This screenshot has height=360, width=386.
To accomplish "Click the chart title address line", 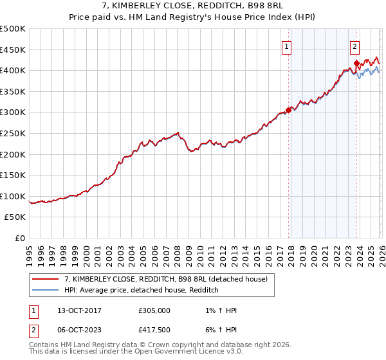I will (193, 6).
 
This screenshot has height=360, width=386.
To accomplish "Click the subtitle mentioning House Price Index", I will (193, 17).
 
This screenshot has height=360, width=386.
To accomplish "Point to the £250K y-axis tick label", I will (13, 134).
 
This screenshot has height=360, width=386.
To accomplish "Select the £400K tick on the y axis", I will (13, 71).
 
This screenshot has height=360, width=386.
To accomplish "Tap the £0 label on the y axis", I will (19, 239).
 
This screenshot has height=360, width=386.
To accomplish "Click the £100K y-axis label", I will (13, 197).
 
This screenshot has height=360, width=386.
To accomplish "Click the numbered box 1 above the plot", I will (286, 46).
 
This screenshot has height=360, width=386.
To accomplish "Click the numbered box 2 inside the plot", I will (354, 46).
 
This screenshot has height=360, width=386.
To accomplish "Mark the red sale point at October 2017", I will (288, 110).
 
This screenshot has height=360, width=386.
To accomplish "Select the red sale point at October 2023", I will (356, 63).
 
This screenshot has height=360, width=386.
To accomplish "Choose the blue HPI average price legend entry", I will (142, 291).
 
